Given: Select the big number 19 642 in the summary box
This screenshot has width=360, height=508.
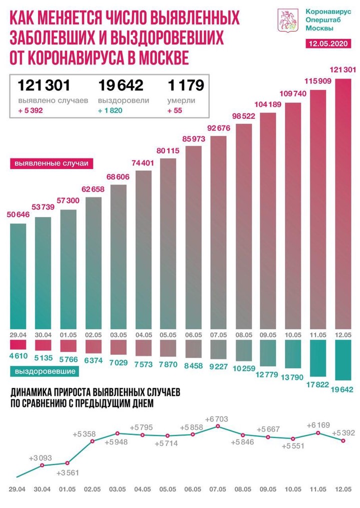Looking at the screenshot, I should tap(120, 85).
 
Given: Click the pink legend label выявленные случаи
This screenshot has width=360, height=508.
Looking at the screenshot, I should tap(48, 163).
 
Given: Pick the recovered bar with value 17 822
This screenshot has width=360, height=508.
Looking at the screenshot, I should tap(317, 357).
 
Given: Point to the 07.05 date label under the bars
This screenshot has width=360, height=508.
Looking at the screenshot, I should tap(218, 334).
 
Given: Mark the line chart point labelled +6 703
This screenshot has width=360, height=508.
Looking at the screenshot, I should tap(218, 426).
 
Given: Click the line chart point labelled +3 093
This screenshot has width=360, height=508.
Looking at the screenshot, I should tap(42, 465).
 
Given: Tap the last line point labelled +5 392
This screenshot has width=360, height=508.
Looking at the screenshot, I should tap(342, 440).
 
